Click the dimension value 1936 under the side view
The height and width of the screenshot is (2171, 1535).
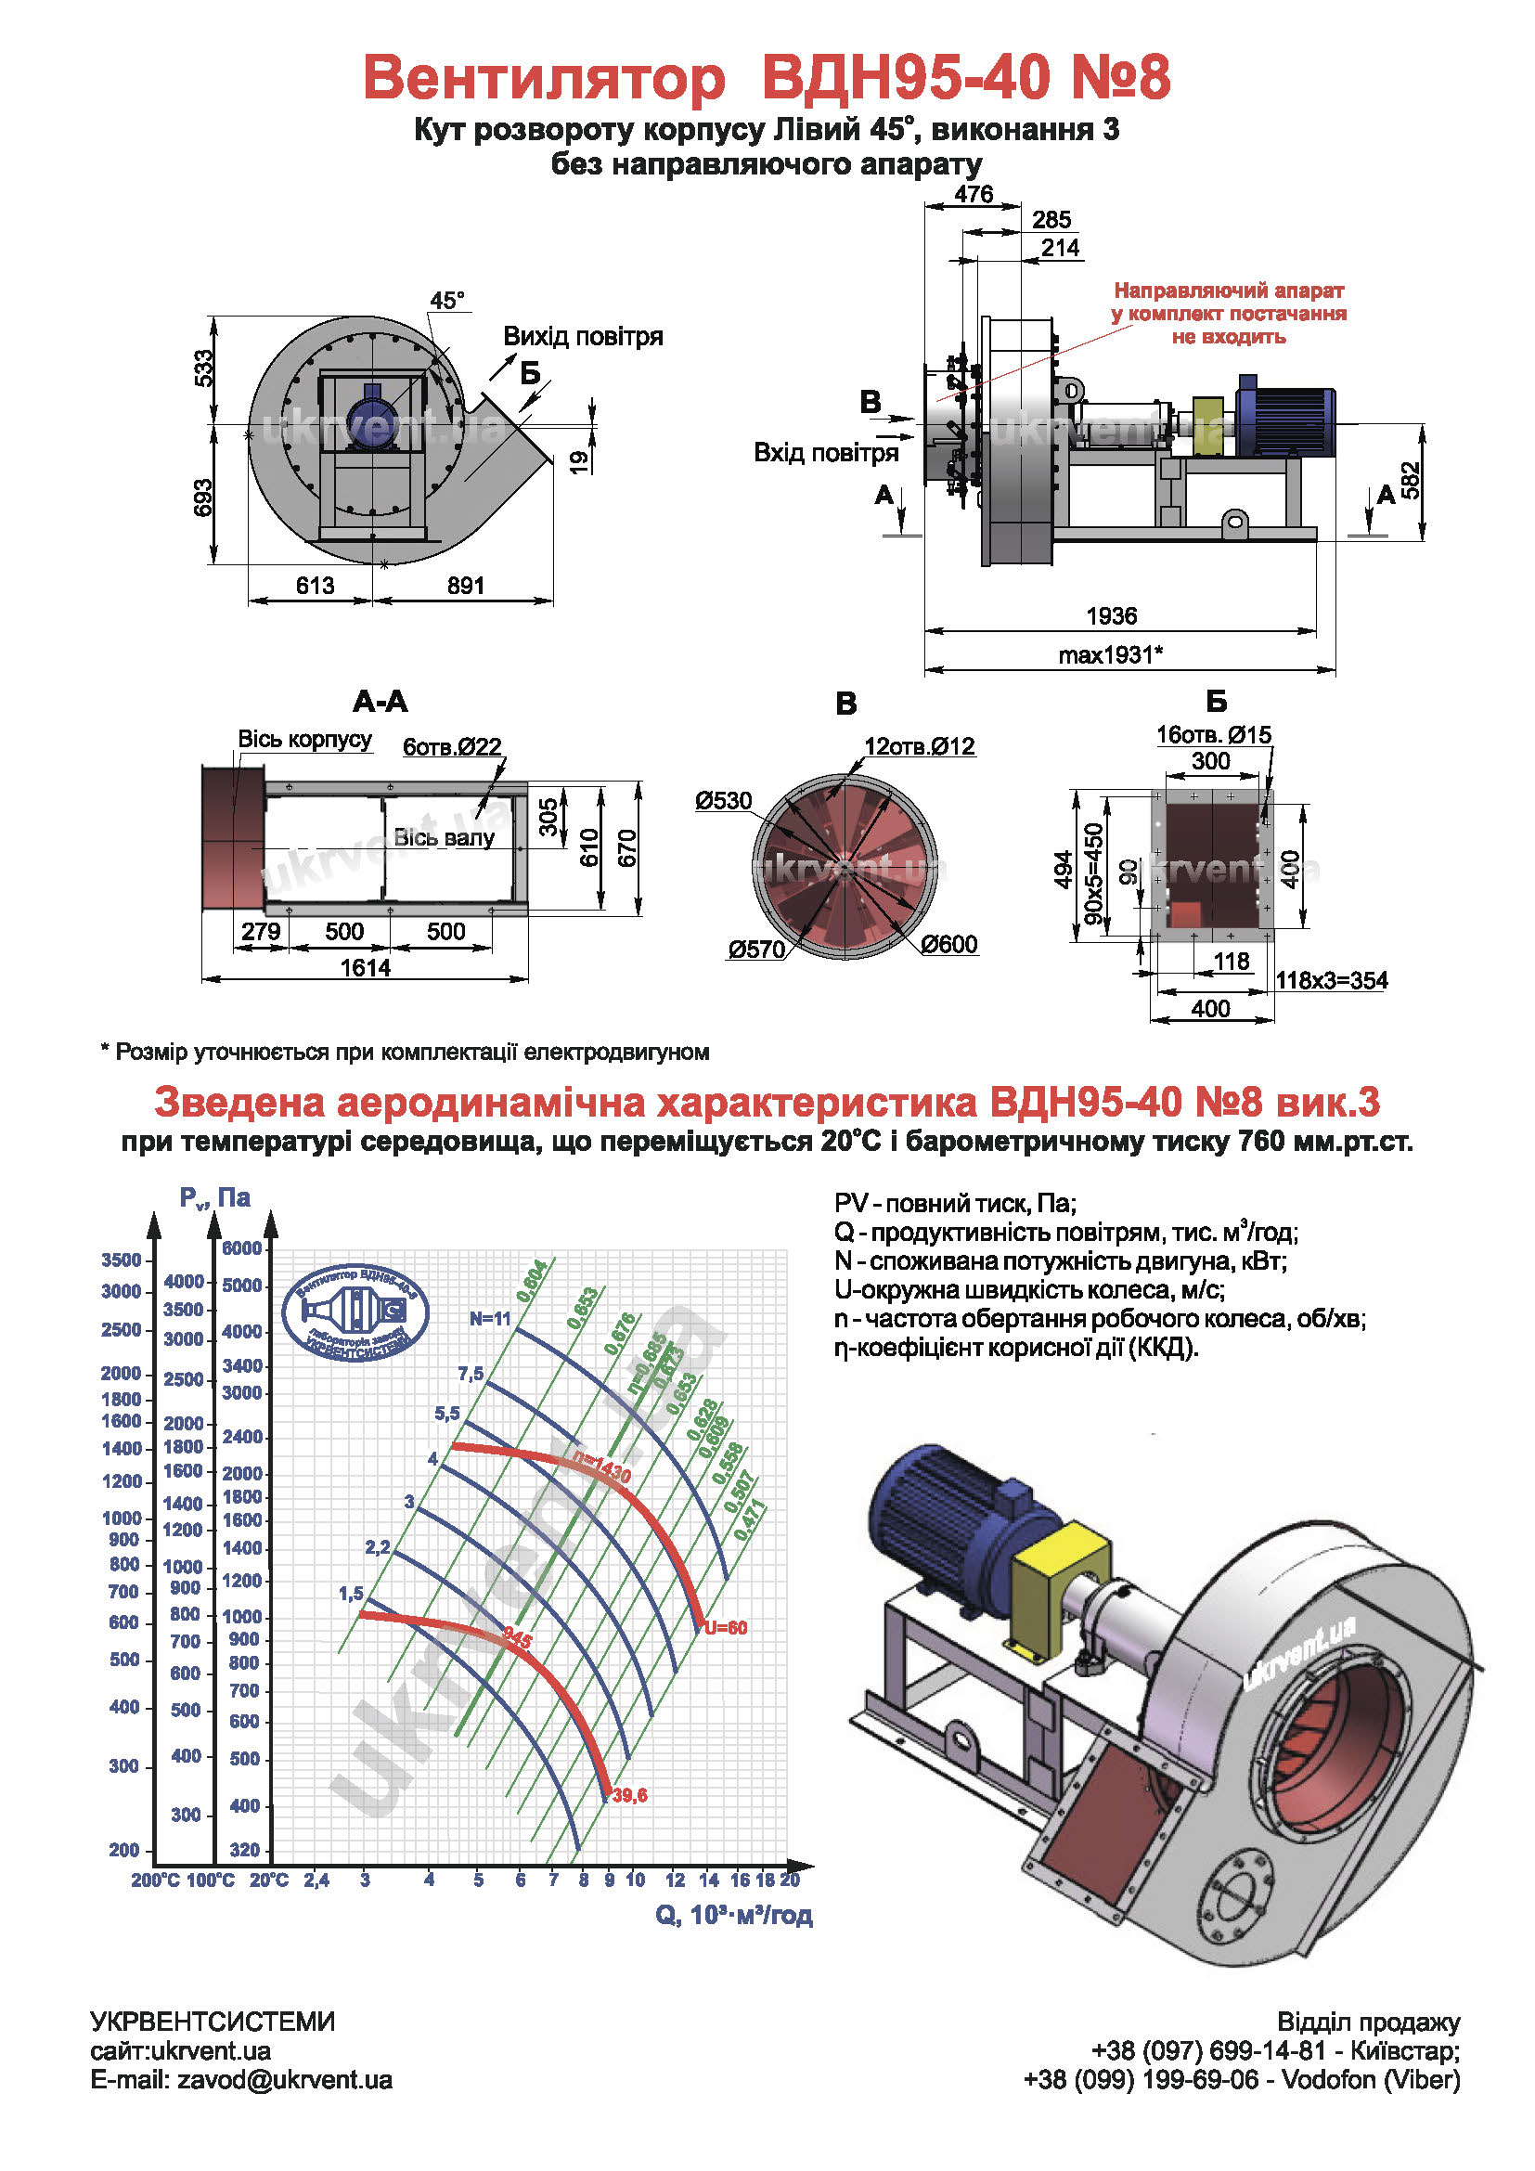[1112, 616]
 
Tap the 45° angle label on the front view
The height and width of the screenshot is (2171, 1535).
[447, 301]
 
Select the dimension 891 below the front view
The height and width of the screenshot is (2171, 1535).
[466, 587]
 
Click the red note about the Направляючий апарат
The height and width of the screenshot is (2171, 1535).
[1229, 313]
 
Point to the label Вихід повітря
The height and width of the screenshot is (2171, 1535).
[582, 337]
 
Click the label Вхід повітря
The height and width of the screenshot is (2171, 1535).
[825, 453]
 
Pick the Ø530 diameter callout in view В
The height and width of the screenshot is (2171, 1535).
[723, 801]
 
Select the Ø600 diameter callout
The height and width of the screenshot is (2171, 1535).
[949, 944]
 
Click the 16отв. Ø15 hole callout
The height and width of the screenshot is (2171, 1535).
[1214, 735]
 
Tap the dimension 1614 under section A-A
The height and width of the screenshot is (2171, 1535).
[365, 967]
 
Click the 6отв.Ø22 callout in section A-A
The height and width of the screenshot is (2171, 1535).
[452, 747]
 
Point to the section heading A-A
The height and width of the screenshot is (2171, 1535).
[380, 702]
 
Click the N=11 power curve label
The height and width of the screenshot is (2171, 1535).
[491, 1319]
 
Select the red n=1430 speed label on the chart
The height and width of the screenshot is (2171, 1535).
[602, 1467]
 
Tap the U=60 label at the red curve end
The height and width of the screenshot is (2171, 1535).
[726, 1628]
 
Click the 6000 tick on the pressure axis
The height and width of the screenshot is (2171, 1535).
[242, 1248]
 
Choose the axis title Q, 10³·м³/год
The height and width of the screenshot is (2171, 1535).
[733, 1915]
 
